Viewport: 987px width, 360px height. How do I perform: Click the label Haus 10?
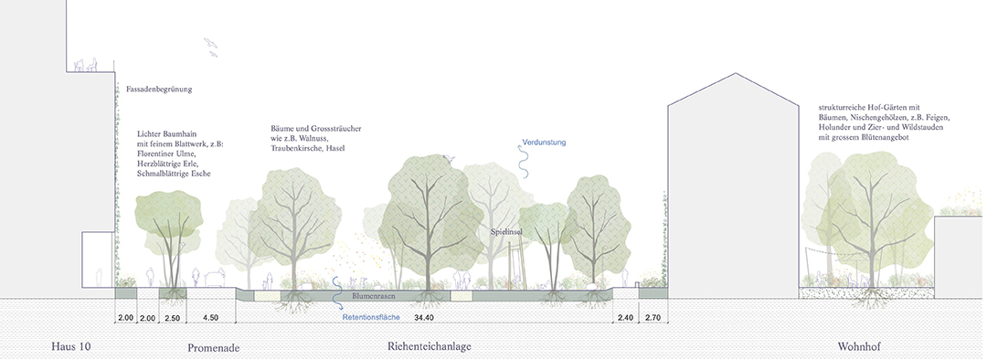pyautogui.click(x=71, y=346)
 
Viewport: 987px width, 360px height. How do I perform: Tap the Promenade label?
pyautogui.click(x=213, y=347)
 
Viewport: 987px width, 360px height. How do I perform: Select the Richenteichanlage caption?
pyautogui.click(x=430, y=346)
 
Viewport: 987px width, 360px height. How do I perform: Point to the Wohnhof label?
pyautogui.click(x=858, y=347)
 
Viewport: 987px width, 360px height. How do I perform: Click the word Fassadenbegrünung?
pyautogui.click(x=159, y=90)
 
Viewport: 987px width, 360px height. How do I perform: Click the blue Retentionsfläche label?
pyautogui.click(x=371, y=318)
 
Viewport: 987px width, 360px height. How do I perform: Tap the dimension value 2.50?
pyautogui.click(x=172, y=318)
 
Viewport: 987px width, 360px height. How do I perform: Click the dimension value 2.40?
pyautogui.click(x=625, y=318)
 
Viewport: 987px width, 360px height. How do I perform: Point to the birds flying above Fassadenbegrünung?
pyautogui.click(x=211, y=48)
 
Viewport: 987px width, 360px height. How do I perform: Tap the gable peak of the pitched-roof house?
pyautogui.click(x=734, y=74)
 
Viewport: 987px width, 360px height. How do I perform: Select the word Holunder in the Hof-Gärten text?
pyautogui.click(x=828, y=128)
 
